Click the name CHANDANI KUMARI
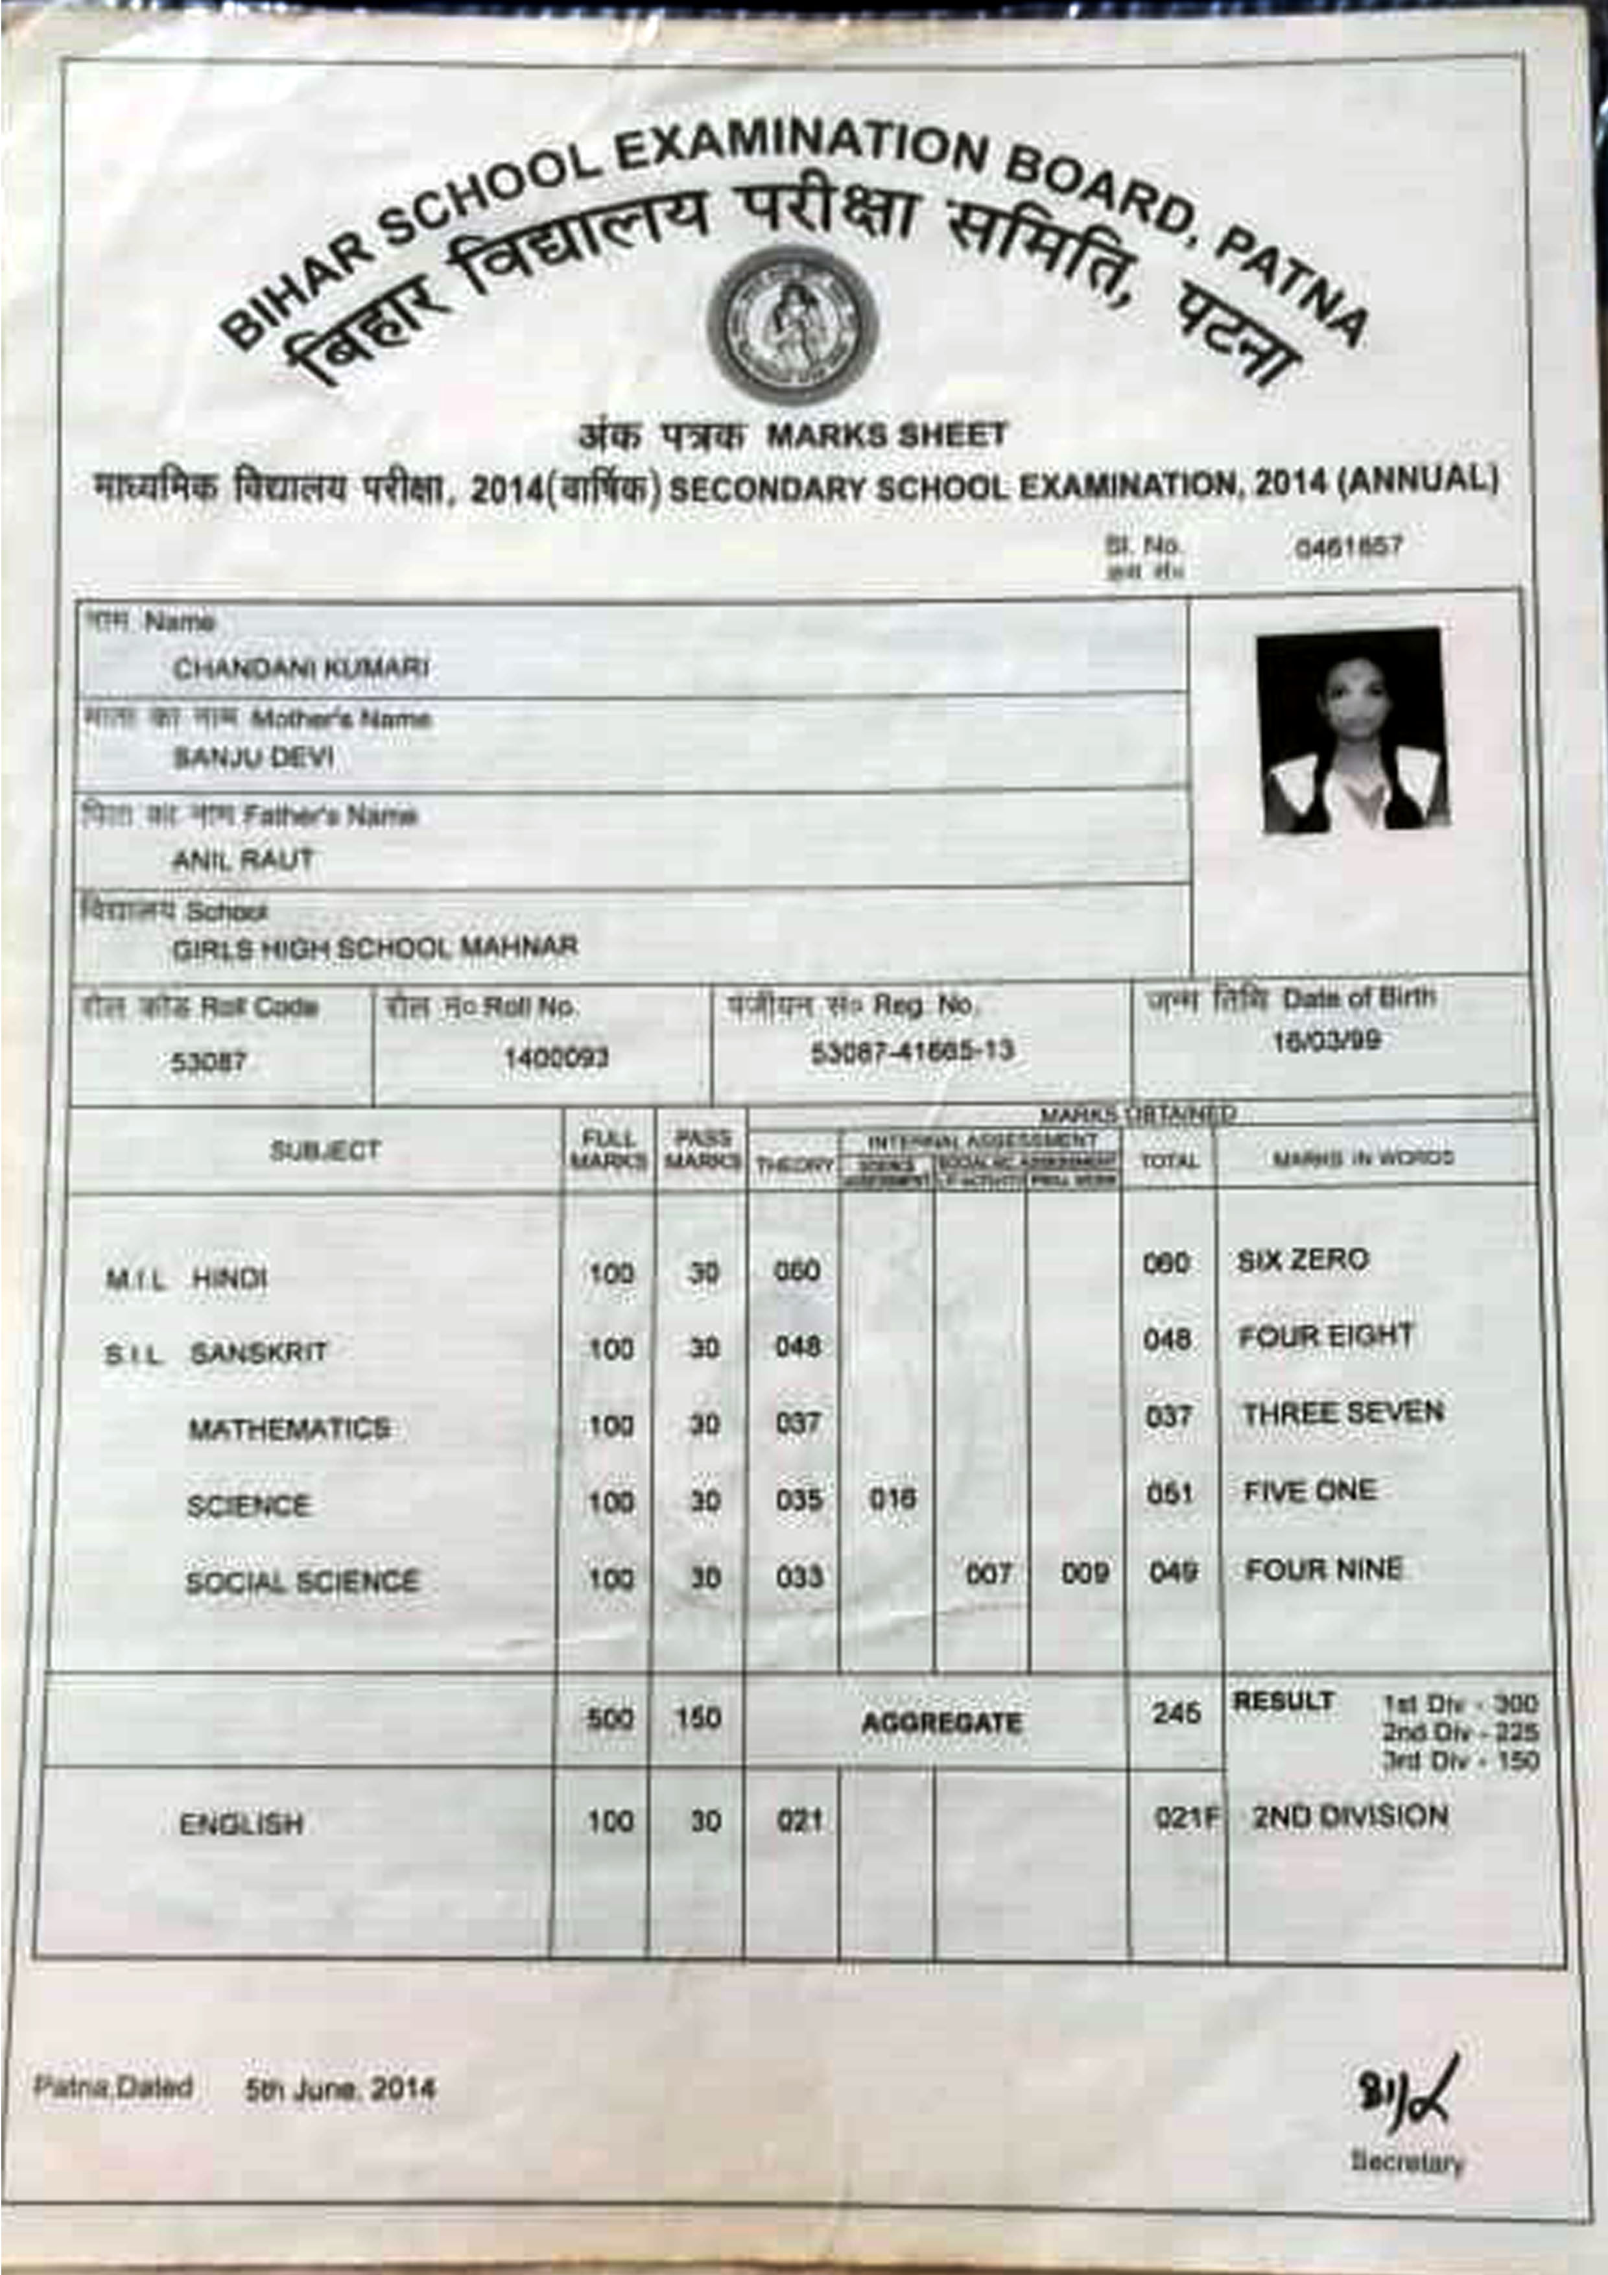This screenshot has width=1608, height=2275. [300, 669]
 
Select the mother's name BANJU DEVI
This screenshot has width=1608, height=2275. [254, 758]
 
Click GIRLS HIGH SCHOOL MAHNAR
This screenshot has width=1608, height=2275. [375, 947]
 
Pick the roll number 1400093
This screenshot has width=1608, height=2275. [556, 1058]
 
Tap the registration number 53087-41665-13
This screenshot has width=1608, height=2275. [912, 1051]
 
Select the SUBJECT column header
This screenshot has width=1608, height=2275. [325, 1150]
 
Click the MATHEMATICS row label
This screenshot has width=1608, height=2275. [289, 1428]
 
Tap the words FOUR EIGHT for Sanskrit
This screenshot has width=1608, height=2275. [1325, 1336]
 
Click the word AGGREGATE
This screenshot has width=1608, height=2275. [940, 1722]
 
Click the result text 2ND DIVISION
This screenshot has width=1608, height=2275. [1349, 1816]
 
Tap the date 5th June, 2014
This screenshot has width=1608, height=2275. [340, 2089]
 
